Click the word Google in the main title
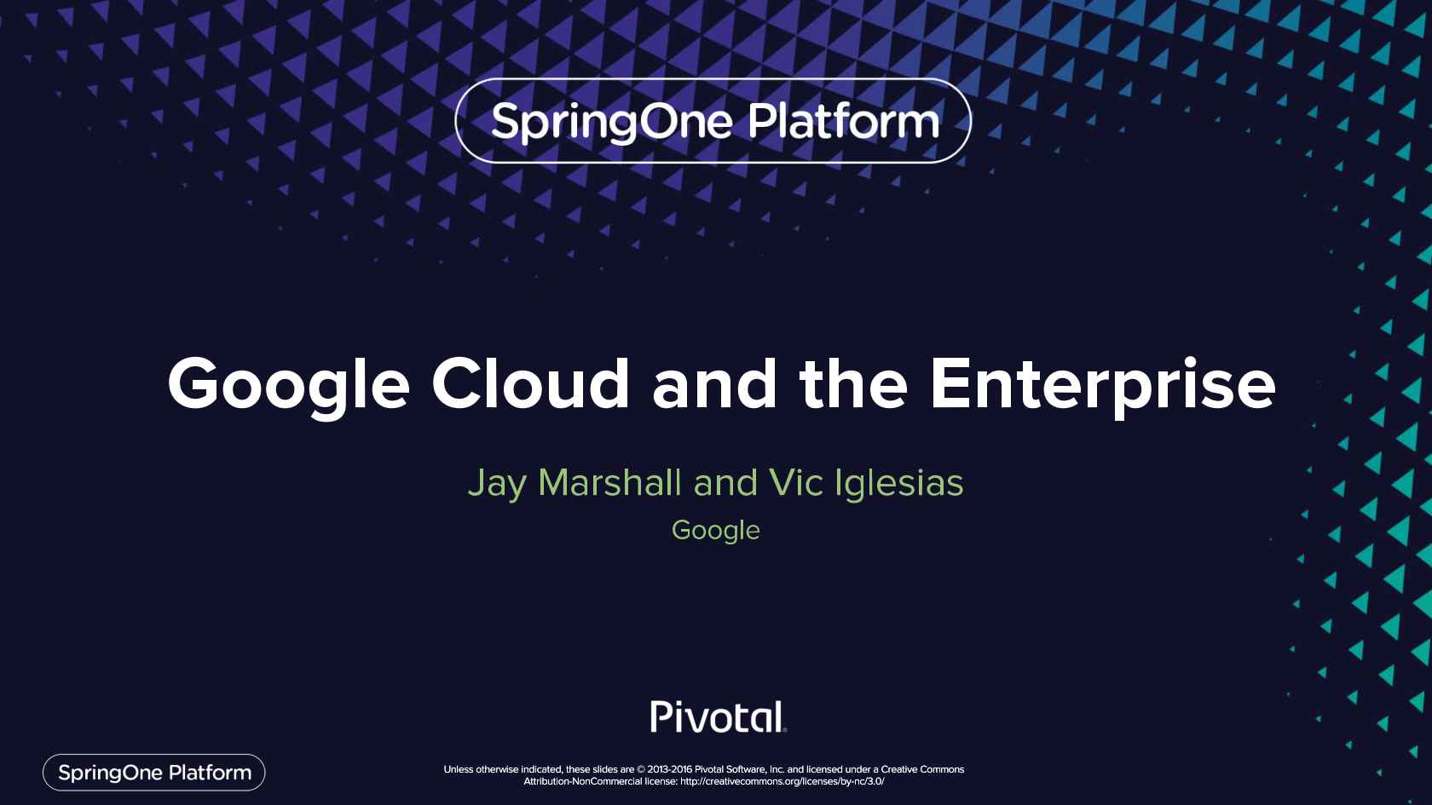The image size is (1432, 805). coord(288,386)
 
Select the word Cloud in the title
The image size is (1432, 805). coord(531,382)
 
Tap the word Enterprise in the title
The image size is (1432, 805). coord(1103,386)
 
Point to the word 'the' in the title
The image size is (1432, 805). coord(852,382)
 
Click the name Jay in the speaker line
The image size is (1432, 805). coord(497,484)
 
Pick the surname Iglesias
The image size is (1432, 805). coord(898,484)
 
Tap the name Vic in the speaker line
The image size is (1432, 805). coord(795,482)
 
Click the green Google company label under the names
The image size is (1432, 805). coord(715,531)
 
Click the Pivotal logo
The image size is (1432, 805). coord(718,717)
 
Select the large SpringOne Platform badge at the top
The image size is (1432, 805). coord(713,121)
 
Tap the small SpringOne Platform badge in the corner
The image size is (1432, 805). coord(154,773)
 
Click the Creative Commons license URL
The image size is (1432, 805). coord(782,781)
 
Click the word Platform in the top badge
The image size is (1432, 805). coord(844,121)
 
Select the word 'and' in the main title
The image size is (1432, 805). coord(714,382)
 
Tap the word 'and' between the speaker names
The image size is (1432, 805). coord(725,483)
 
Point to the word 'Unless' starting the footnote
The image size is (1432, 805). coord(459,769)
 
